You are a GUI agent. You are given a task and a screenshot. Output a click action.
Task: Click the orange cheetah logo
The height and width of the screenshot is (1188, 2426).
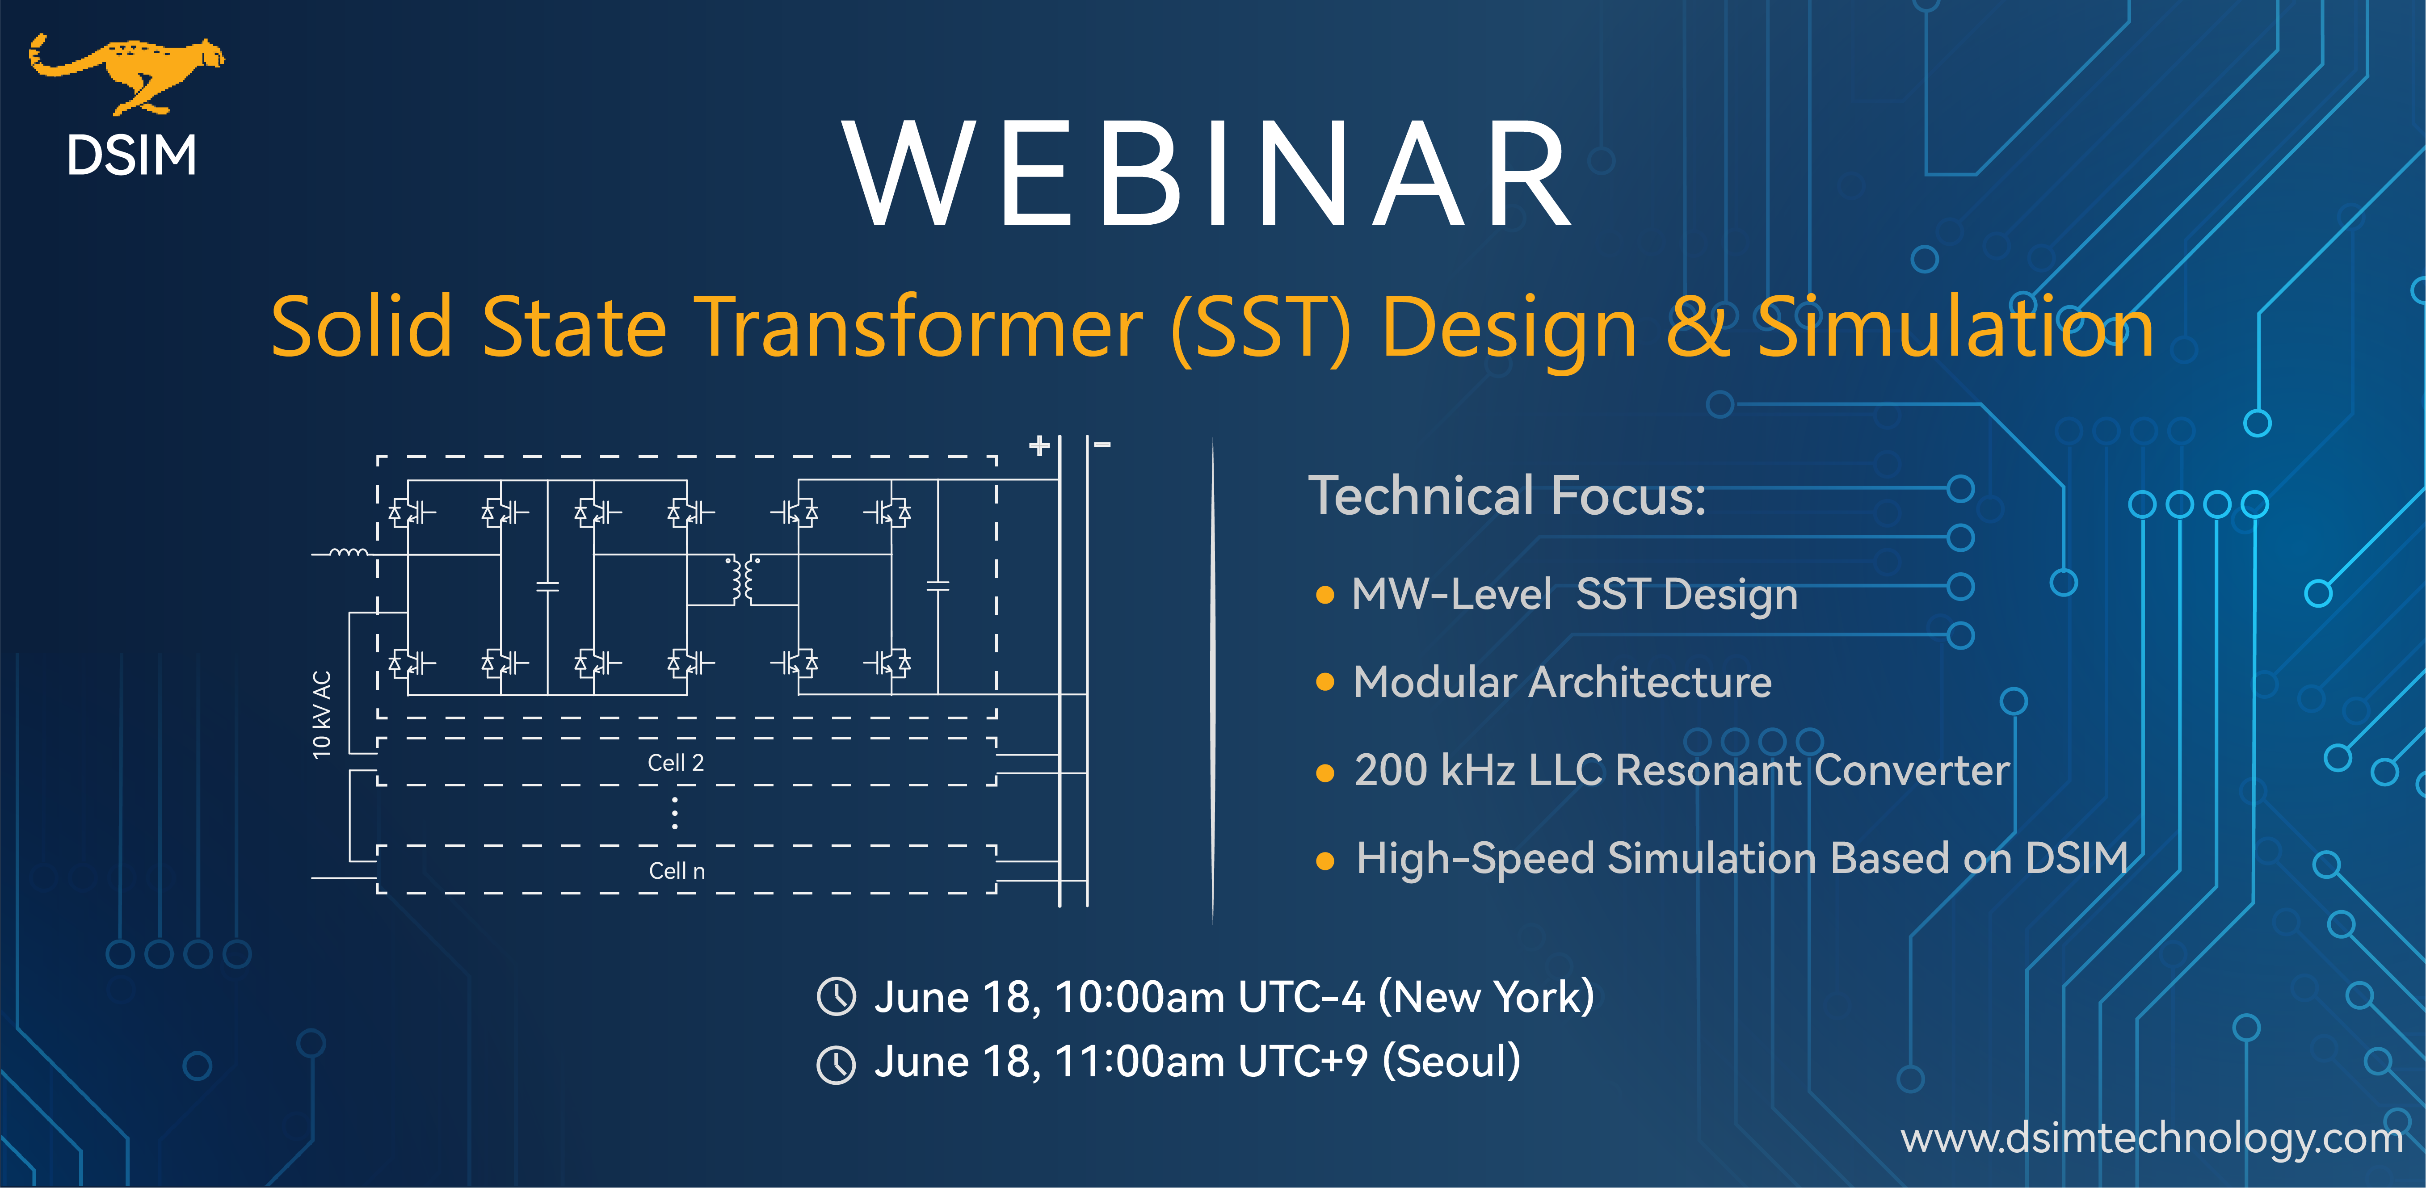(127, 73)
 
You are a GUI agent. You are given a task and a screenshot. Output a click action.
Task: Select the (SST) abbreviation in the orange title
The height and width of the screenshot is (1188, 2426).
(1260, 327)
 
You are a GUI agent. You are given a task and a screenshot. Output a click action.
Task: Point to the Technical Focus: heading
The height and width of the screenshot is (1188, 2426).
(1507, 496)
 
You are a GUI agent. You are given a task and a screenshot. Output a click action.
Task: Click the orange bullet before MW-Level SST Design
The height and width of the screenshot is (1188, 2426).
(1325, 595)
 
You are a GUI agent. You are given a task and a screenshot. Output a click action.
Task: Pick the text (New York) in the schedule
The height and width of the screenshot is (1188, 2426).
(1486, 997)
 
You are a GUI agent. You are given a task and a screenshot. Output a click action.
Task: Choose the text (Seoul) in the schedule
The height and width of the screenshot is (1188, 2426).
(1451, 1062)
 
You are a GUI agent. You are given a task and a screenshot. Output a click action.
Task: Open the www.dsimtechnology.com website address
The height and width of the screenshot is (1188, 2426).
(2151, 1138)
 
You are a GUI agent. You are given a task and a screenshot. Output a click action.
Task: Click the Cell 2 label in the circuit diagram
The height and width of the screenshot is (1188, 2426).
(675, 763)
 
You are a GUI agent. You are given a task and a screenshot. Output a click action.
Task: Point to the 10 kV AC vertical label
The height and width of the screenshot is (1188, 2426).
(322, 714)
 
